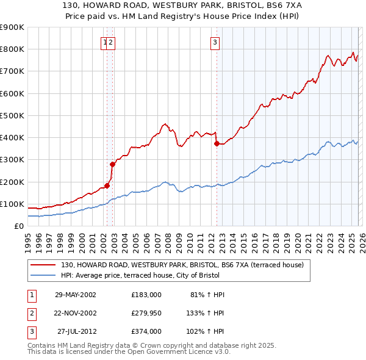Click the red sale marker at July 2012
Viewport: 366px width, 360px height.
217,143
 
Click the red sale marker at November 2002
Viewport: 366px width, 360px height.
112,164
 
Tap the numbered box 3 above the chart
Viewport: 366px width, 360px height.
216,42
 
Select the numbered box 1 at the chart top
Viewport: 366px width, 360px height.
105,42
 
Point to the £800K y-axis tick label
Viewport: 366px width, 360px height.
12,49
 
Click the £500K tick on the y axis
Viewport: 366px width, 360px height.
12,115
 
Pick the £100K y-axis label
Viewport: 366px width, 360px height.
12,204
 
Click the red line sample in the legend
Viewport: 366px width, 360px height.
43,265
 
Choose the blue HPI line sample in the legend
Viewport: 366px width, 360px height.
43,275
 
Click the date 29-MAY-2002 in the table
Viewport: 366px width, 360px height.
75,294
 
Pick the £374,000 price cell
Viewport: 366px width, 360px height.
146,332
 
